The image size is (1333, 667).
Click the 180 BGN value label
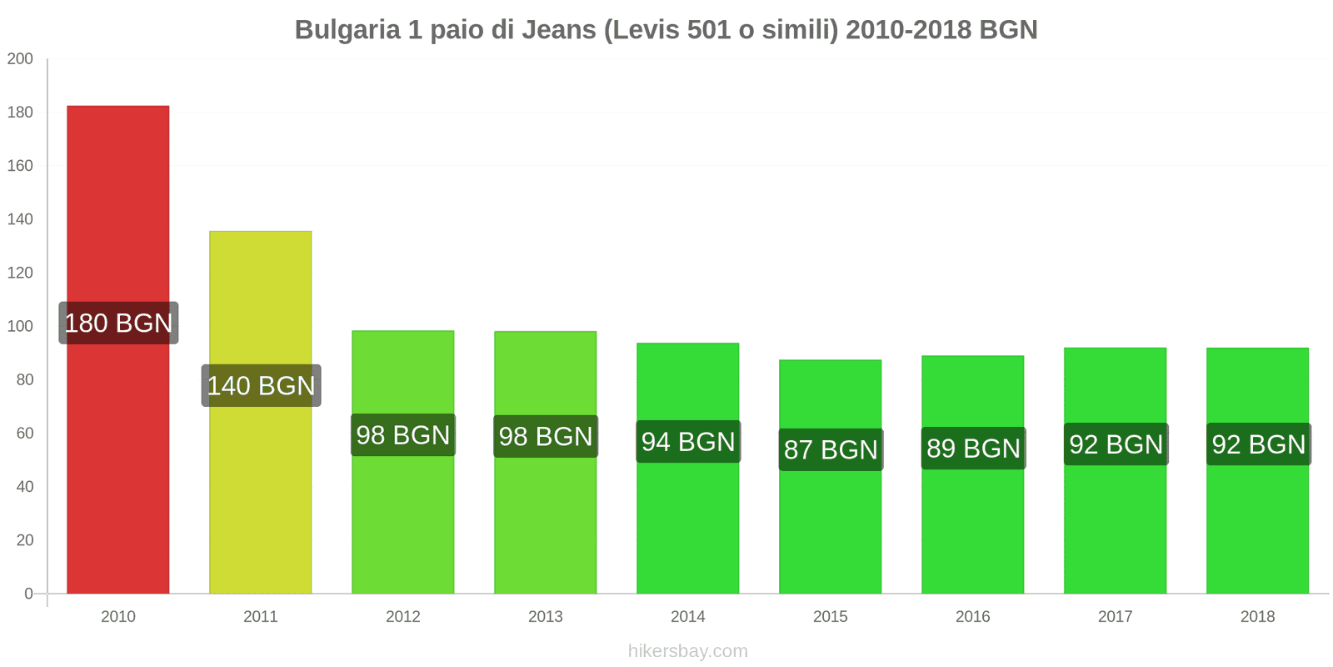(x=118, y=323)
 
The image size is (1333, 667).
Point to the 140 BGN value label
(x=261, y=385)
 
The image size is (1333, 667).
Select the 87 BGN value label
(x=831, y=449)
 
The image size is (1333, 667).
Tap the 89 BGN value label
(x=973, y=448)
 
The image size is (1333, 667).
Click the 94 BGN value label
(x=688, y=441)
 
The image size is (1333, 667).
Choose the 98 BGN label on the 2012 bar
(x=403, y=434)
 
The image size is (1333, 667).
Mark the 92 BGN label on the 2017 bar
(x=1116, y=444)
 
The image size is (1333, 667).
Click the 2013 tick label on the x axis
(x=545, y=616)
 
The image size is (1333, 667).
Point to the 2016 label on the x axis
(x=972, y=616)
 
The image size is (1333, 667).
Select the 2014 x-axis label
(x=687, y=616)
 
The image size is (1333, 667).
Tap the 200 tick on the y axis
(x=20, y=58)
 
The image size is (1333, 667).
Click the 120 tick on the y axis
(x=20, y=273)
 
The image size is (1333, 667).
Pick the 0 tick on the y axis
(x=28, y=594)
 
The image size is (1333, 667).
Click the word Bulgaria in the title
(x=347, y=30)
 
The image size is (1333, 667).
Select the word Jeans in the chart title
(x=558, y=30)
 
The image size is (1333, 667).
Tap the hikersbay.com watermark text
(x=687, y=651)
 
